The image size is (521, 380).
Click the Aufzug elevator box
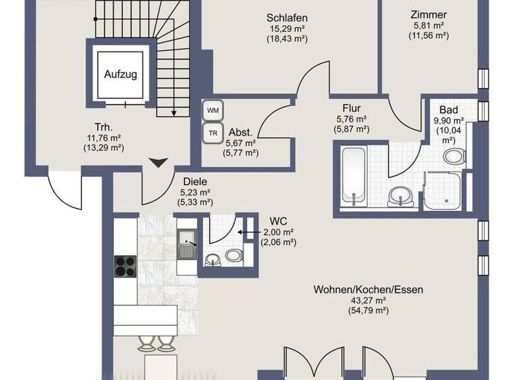[x=120, y=74]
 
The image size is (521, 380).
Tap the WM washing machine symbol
[x=213, y=110]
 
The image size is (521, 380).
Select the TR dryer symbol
[x=213, y=133]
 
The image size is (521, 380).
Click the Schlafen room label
[x=288, y=17]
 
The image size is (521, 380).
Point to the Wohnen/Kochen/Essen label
[x=368, y=289]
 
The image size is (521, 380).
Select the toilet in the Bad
[x=453, y=157]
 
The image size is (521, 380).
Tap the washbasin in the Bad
[x=400, y=197]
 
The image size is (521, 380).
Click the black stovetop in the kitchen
[x=126, y=266]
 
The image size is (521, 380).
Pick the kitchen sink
[x=187, y=244]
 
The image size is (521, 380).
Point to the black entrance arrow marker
[x=158, y=163]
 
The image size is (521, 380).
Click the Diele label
[x=195, y=181]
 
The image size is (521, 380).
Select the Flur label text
[x=352, y=108]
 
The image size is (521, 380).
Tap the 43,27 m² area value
[x=368, y=300]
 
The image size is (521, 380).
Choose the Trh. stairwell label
[x=103, y=126]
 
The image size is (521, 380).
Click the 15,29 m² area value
[x=288, y=28]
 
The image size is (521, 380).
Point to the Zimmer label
[x=429, y=14]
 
